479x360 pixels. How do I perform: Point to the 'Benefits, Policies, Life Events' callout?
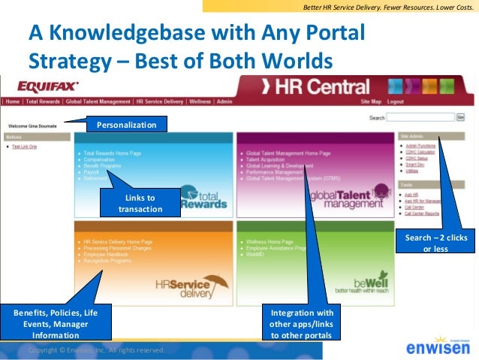point(57,323)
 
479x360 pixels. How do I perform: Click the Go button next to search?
point(461,117)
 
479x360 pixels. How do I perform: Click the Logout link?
point(396,101)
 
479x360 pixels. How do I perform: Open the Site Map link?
point(371,101)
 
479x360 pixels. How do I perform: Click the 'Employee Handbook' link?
point(106,255)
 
